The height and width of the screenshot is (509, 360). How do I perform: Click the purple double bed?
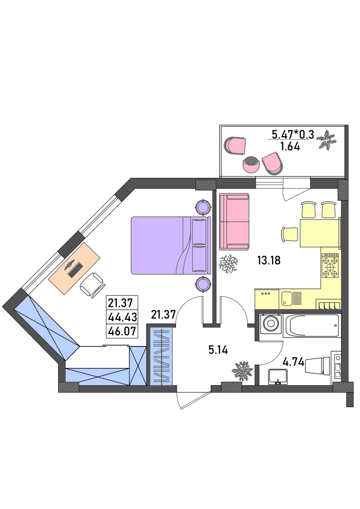(171, 246)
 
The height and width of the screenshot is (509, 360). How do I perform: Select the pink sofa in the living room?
(234, 222)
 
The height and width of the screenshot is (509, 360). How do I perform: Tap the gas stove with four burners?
(331, 265)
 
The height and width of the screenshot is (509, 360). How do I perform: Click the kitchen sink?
(291, 298)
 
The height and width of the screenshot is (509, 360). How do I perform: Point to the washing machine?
(270, 323)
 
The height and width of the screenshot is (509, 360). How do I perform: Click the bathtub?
(312, 325)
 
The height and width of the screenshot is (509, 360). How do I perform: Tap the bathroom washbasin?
(278, 377)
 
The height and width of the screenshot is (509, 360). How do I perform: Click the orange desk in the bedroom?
(75, 268)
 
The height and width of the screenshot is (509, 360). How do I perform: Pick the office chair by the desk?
(92, 285)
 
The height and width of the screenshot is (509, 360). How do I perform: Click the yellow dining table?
(320, 233)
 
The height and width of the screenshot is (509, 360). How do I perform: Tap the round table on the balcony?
(251, 165)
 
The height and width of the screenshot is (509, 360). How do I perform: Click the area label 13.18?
(269, 260)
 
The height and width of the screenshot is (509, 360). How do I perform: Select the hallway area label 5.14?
(218, 350)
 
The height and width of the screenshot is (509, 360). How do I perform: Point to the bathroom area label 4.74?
(293, 362)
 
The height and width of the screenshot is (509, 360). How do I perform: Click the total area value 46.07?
(122, 331)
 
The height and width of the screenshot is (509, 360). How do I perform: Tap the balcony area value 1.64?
(290, 147)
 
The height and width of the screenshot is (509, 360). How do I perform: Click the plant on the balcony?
(327, 140)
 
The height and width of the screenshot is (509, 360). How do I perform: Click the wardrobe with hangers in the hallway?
(162, 357)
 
